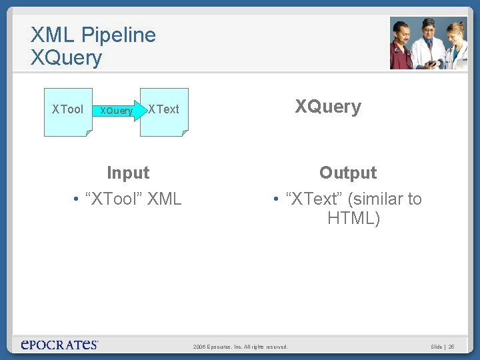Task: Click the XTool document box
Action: (68, 111)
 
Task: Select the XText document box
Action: (164, 111)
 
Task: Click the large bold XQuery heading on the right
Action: (328, 107)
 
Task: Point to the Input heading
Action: (128, 173)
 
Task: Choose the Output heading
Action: (348, 173)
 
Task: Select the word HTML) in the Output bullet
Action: (354, 218)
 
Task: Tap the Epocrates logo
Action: (59, 345)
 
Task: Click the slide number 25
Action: (451, 347)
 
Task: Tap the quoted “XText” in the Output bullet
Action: (313, 199)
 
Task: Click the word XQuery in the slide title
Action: (66, 58)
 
